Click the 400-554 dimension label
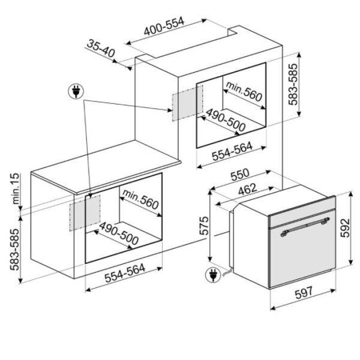click(164, 26)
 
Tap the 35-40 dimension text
click(101, 48)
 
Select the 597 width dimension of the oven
click(304, 293)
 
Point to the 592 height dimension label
click(345, 228)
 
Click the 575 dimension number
click(204, 226)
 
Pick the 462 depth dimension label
click(247, 189)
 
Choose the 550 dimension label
click(239, 175)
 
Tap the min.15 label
click(16, 189)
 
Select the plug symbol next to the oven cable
click(213, 275)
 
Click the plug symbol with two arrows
click(76, 91)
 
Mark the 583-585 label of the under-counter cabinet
click(15, 250)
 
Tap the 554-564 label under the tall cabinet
click(232, 152)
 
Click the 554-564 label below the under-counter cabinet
click(125, 273)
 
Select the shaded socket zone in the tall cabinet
click(188, 103)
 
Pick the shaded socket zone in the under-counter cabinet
click(85, 213)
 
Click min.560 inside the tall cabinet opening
click(244, 91)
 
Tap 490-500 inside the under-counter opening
click(119, 233)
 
